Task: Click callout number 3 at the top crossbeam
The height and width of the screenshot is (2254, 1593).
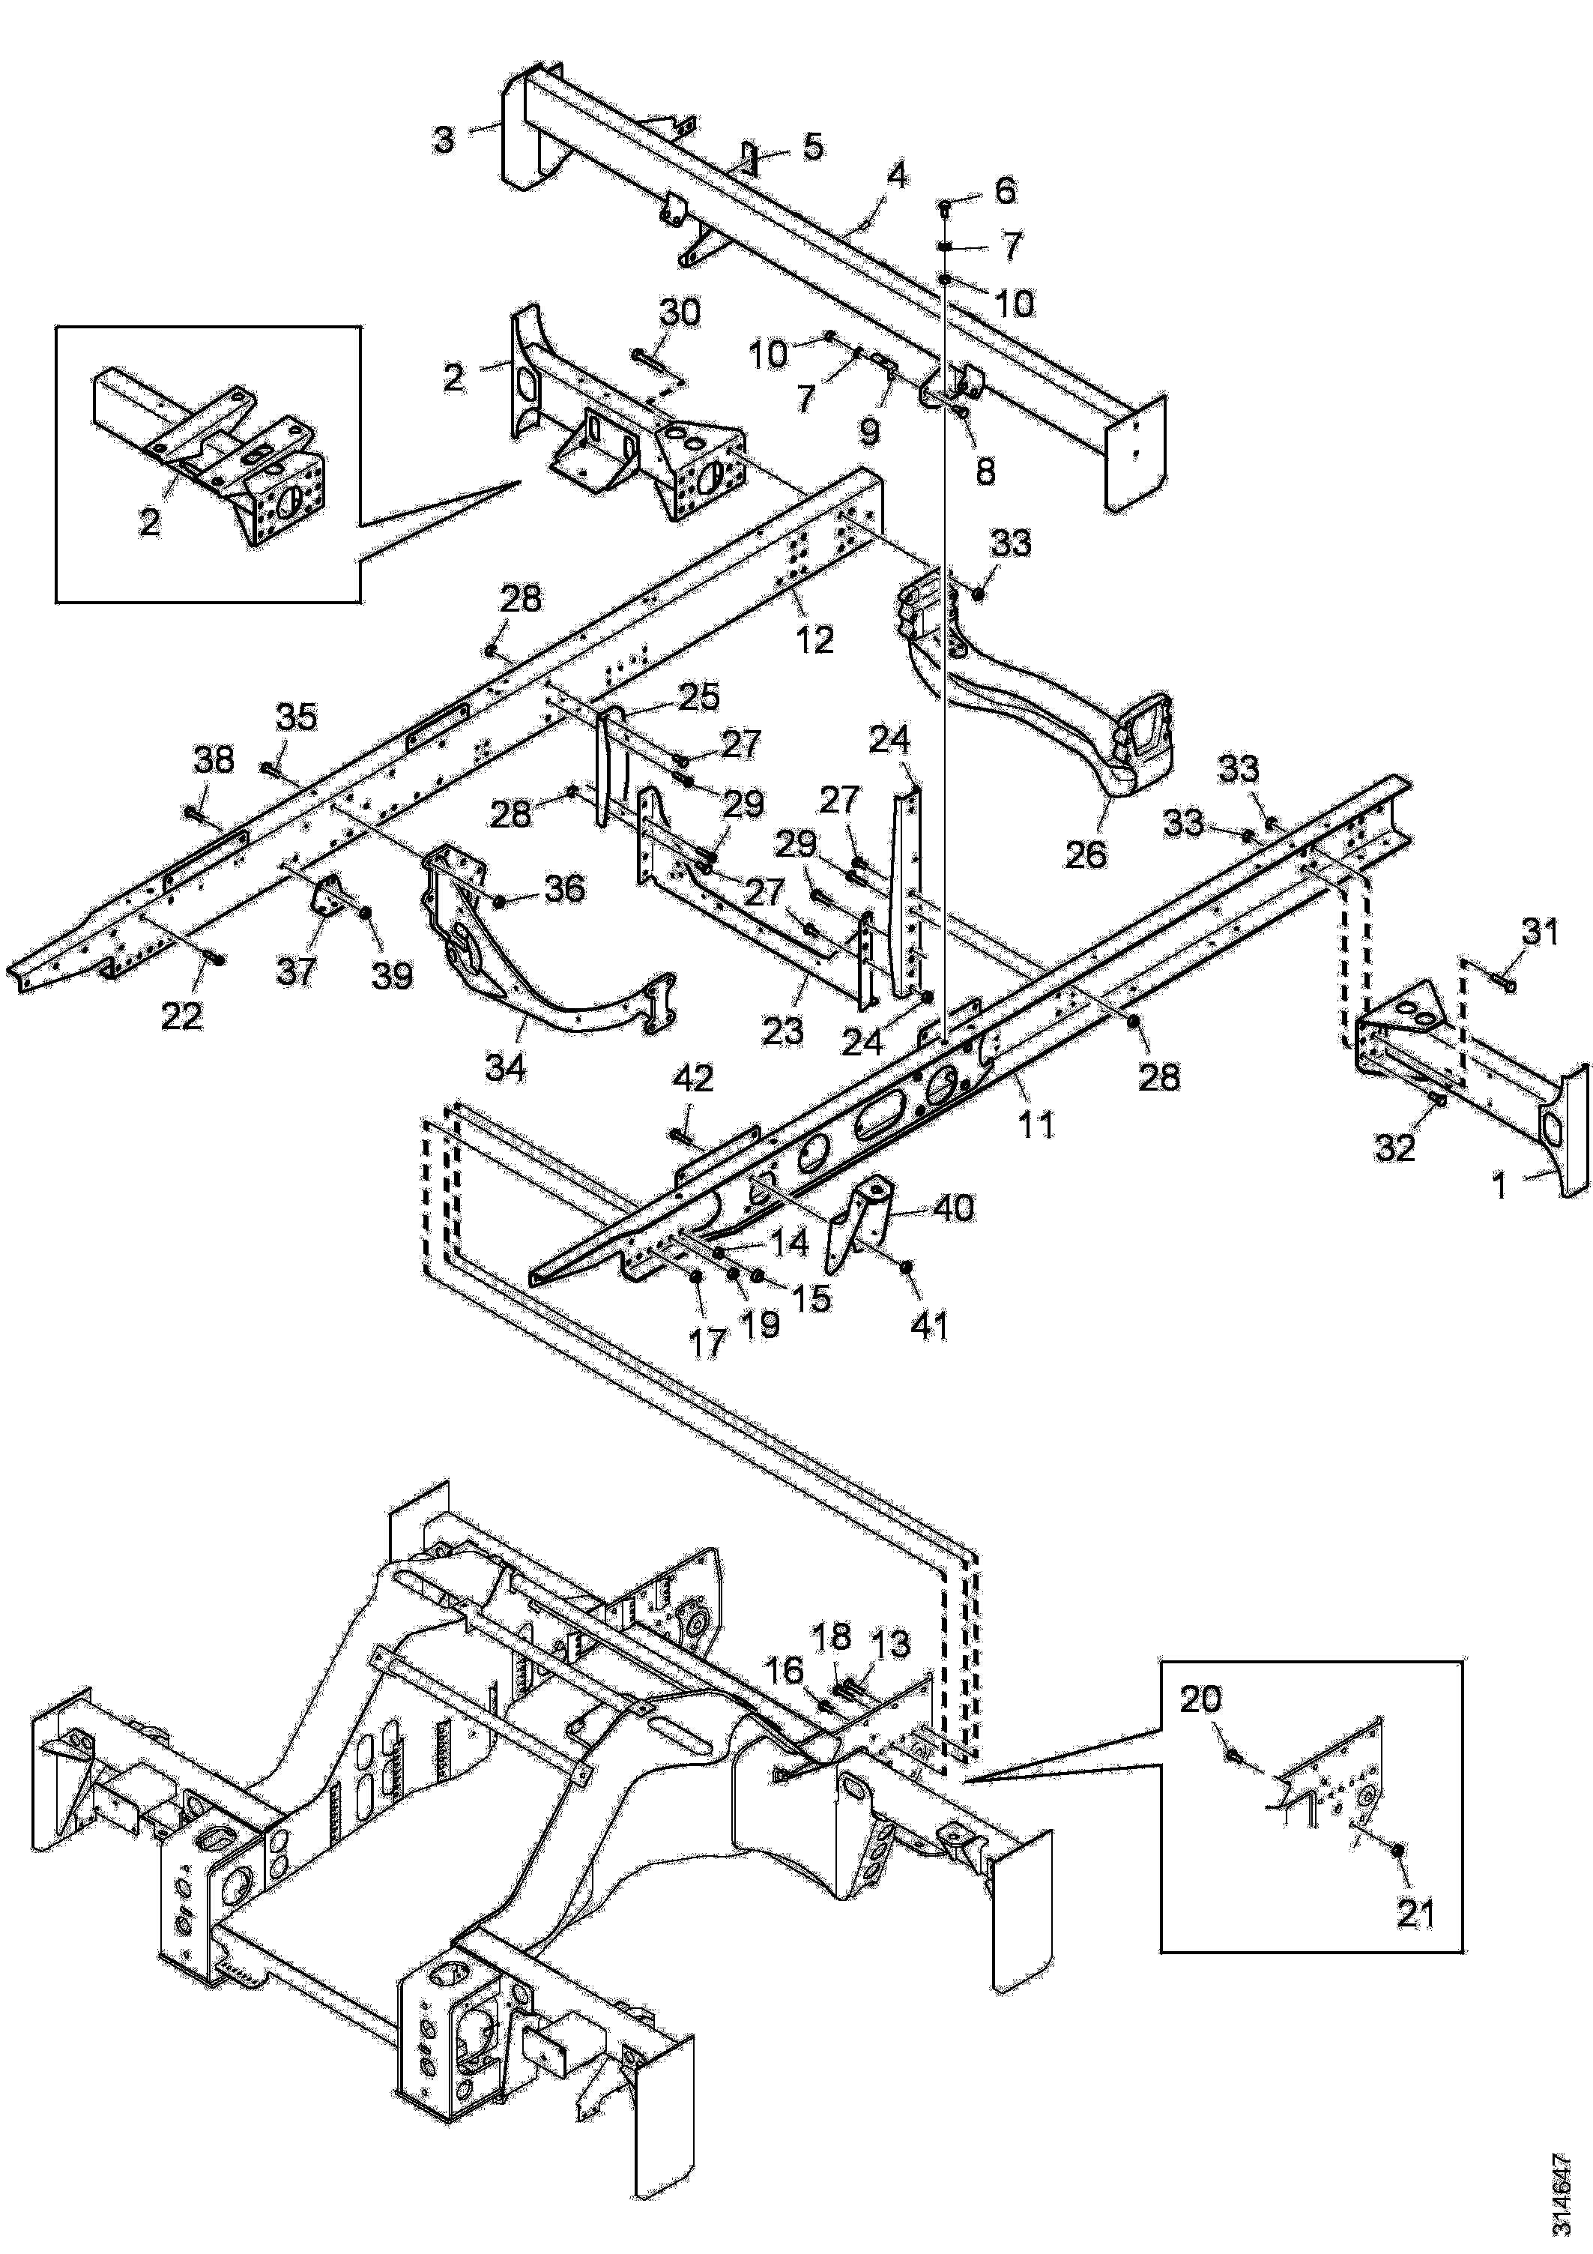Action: pyautogui.click(x=444, y=139)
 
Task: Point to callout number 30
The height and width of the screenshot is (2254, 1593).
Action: pyautogui.click(x=679, y=313)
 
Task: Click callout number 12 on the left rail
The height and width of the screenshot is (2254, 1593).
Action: pyautogui.click(x=814, y=639)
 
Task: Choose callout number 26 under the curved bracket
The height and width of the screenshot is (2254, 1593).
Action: pyautogui.click(x=1086, y=852)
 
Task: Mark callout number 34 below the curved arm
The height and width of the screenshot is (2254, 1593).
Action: pyautogui.click(x=507, y=1066)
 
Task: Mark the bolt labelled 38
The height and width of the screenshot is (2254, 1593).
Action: pyautogui.click(x=193, y=812)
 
